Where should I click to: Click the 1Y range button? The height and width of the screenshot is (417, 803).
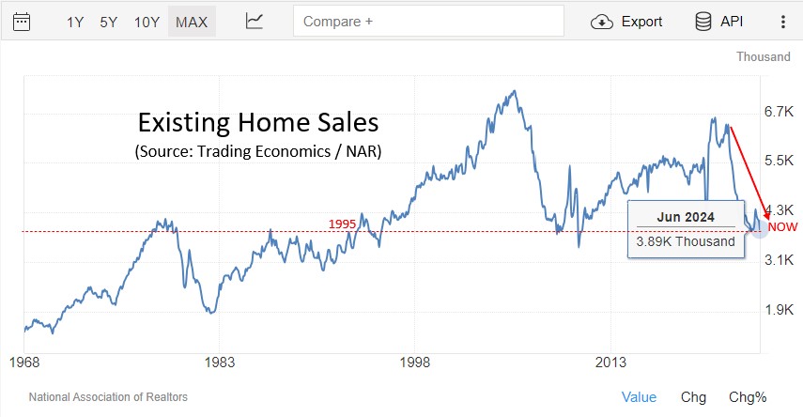pos(75,22)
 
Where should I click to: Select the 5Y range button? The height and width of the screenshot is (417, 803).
pos(109,22)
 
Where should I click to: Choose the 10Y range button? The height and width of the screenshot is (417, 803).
pos(147,22)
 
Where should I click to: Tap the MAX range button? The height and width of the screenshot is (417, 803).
pos(192,22)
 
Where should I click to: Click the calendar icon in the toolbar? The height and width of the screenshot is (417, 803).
pos(22,22)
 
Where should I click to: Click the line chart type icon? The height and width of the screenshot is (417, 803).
pos(255,22)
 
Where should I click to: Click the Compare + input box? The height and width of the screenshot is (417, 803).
pos(428,22)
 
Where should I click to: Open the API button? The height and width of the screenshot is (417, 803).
pos(718,22)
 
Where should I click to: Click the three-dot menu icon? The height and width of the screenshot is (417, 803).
pos(783,22)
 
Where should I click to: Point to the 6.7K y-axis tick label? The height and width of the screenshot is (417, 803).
pos(780,112)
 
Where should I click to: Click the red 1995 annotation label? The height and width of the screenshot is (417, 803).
pos(343,224)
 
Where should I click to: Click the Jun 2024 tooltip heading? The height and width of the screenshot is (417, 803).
pos(685,217)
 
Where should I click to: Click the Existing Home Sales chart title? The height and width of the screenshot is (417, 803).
pos(257,123)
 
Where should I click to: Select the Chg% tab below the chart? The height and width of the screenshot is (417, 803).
pos(748,397)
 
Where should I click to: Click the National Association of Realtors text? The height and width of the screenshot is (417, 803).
pos(108,397)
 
